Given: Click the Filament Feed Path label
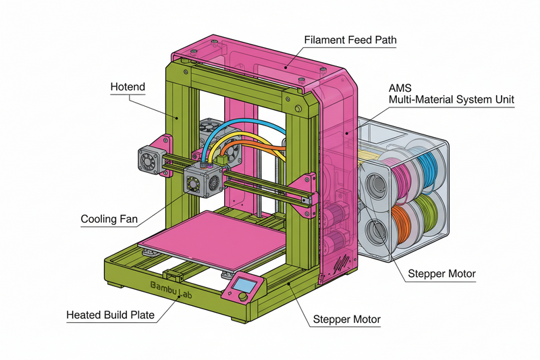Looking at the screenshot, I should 350,41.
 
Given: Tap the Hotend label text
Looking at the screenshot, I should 128,87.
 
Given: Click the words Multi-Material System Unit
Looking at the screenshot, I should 452,100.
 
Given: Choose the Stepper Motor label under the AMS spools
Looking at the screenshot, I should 442,274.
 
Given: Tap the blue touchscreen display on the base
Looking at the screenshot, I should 246,284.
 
